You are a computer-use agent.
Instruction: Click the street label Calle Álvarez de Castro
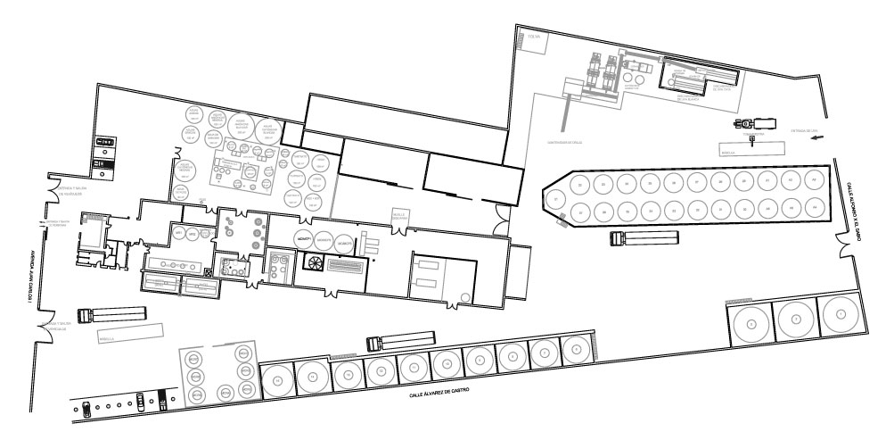coord(439,391)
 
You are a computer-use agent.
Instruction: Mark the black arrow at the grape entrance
coord(817,137)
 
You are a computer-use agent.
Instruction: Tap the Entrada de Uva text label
coord(805,130)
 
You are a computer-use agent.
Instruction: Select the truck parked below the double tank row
coord(644,238)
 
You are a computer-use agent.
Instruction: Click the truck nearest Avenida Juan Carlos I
coord(111,314)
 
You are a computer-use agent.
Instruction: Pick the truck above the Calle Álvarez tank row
coord(401,339)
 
